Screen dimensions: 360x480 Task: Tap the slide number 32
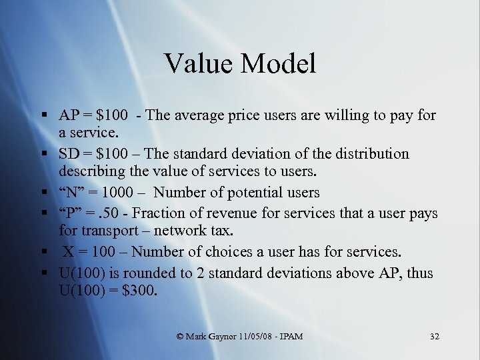point(434,337)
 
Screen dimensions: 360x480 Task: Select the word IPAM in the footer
point(291,337)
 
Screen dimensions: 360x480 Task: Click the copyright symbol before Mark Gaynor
point(181,337)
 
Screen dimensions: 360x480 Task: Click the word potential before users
point(258,193)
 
